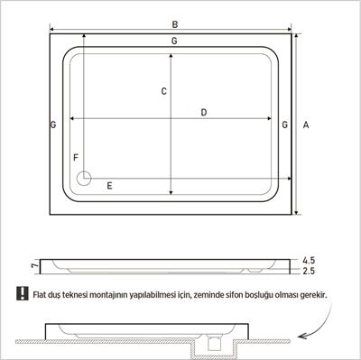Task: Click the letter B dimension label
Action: click(x=175, y=24)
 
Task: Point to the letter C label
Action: click(x=163, y=91)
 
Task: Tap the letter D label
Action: click(x=204, y=113)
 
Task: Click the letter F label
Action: click(x=76, y=157)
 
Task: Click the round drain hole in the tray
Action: click(x=85, y=178)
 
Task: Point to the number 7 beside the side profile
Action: click(x=32, y=265)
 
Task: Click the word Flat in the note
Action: click(x=41, y=294)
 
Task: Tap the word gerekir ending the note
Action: click(x=311, y=294)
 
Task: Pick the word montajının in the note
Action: click(x=123, y=294)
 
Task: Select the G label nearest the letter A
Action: click(x=285, y=124)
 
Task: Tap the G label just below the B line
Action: click(x=173, y=42)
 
